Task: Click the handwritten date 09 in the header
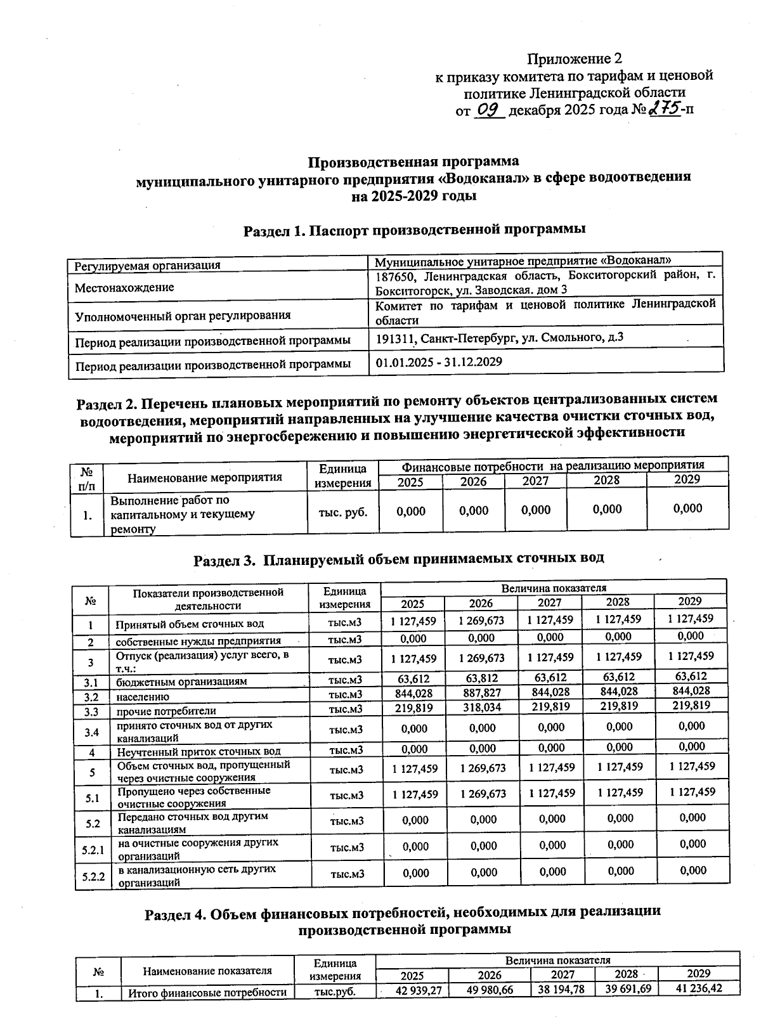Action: [x=488, y=110]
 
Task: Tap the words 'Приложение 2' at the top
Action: [x=575, y=59]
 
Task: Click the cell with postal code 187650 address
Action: [x=545, y=283]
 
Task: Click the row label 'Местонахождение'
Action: [x=124, y=287]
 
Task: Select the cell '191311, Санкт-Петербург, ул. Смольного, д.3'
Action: [x=500, y=337]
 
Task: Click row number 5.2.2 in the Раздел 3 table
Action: [x=93, y=877]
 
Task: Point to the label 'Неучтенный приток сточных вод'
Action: [x=198, y=752]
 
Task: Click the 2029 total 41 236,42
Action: [x=698, y=988]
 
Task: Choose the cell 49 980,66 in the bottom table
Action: [x=489, y=990]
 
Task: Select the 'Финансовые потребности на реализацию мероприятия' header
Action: [x=553, y=465]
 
